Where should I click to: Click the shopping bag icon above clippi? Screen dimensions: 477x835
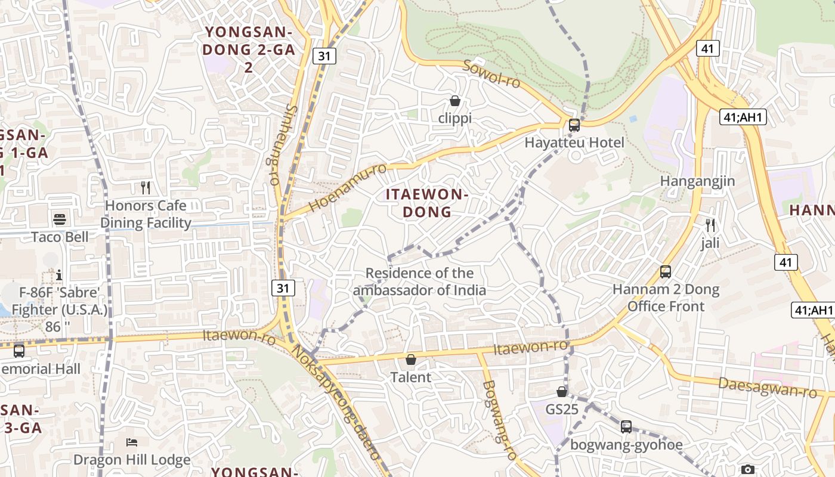(x=455, y=101)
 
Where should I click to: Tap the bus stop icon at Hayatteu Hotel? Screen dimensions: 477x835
(x=574, y=125)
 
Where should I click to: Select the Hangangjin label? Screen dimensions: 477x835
(x=697, y=181)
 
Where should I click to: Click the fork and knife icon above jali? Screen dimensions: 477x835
(x=710, y=225)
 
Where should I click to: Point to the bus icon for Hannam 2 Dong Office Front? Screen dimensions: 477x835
(x=666, y=272)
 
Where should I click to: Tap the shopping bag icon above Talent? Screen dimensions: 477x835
(x=410, y=360)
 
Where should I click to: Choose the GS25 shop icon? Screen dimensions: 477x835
(x=562, y=392)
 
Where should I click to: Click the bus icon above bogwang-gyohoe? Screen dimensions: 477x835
(x=626, y=427)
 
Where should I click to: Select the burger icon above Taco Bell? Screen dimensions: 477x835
(x=60, y=219)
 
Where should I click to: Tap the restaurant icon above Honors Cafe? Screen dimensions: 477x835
(x=146, y=188)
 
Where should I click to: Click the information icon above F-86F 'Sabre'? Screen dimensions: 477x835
(x=59, y=275)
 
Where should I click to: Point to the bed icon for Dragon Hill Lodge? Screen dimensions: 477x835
(x=132, y=442)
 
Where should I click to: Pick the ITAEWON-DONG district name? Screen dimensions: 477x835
(x=427, y=203)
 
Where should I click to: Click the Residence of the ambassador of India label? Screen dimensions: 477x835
(x=420, y=281)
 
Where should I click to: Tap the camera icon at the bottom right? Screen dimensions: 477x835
(x=748, y=470)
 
